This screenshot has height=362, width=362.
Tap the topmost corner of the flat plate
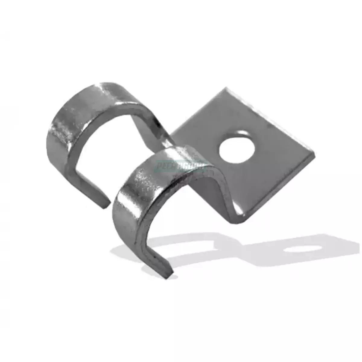(x=226, y=88)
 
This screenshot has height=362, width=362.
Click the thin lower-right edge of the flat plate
(x=281, y=190)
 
